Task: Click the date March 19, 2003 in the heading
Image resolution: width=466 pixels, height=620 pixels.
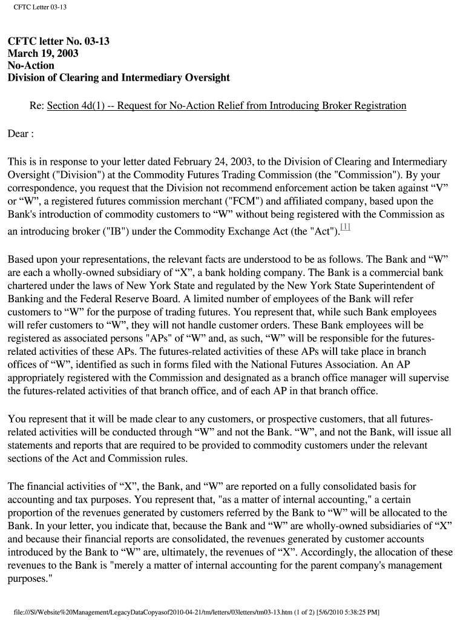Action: [43, 53]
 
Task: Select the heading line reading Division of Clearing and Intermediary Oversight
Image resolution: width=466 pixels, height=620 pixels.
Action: [119, 77]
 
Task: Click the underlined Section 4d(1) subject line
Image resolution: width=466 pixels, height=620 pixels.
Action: [226, 106]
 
